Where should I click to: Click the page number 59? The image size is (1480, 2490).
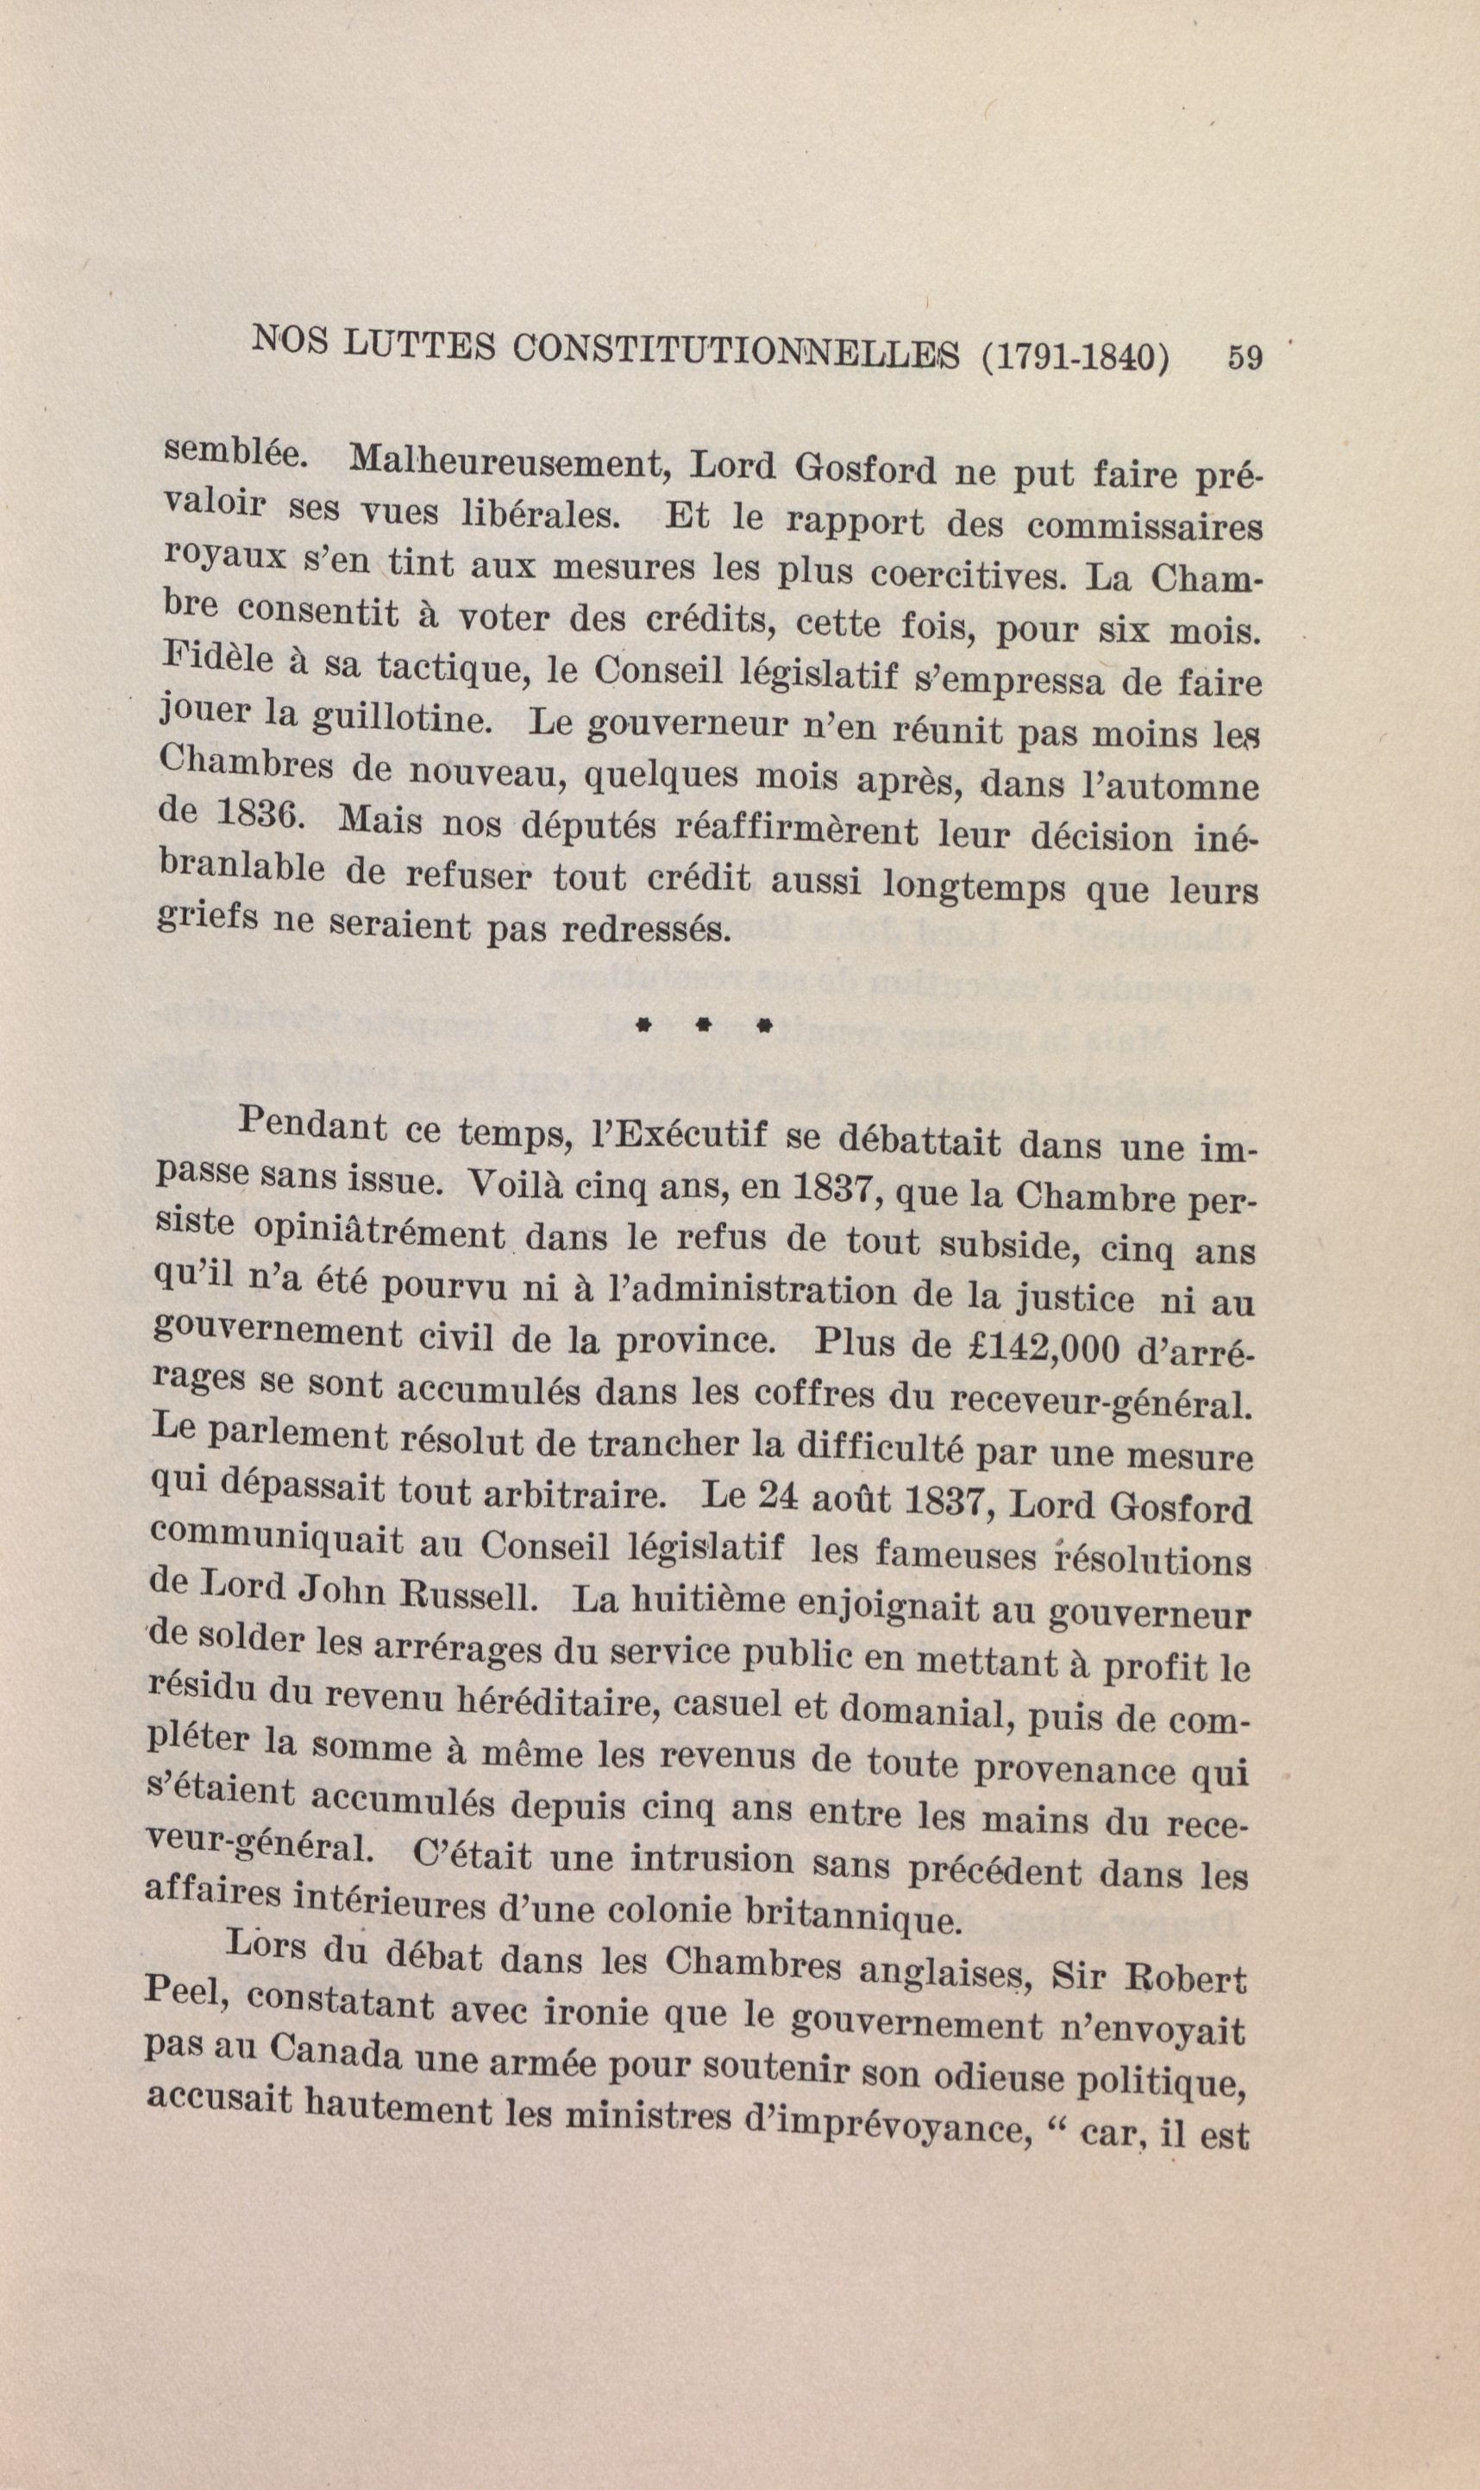(x=1245, y=357)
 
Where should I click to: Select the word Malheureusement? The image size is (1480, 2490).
(x=509, y=462)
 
